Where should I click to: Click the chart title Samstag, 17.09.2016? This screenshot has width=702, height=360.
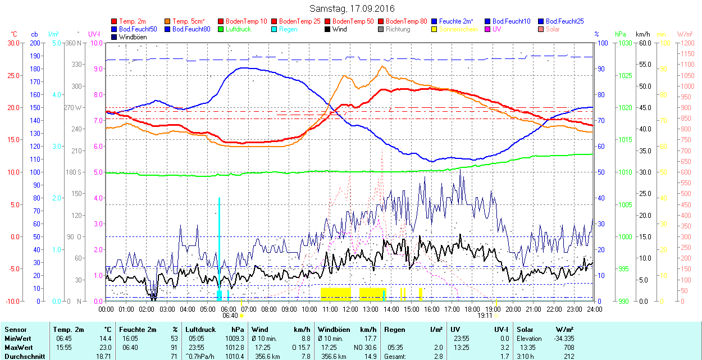coord(352,9)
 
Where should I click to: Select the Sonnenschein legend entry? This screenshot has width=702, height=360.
coord(458,29)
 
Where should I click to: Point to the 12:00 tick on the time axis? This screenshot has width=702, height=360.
coord(350,309)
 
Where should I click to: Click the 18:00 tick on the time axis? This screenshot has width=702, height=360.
coord(472,309)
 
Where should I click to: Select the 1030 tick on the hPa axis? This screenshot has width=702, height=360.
coord(622,43)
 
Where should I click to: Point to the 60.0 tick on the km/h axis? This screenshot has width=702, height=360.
coord(644,43)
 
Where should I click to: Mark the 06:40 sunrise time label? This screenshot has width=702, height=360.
coord(231,316)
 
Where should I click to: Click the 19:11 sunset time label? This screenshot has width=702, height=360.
coord(485,316)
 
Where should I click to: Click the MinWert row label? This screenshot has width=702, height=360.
coord(17,339)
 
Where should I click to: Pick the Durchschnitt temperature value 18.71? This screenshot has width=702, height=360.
coord(103,357)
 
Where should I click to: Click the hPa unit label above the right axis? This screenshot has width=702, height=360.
coord(620,34)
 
